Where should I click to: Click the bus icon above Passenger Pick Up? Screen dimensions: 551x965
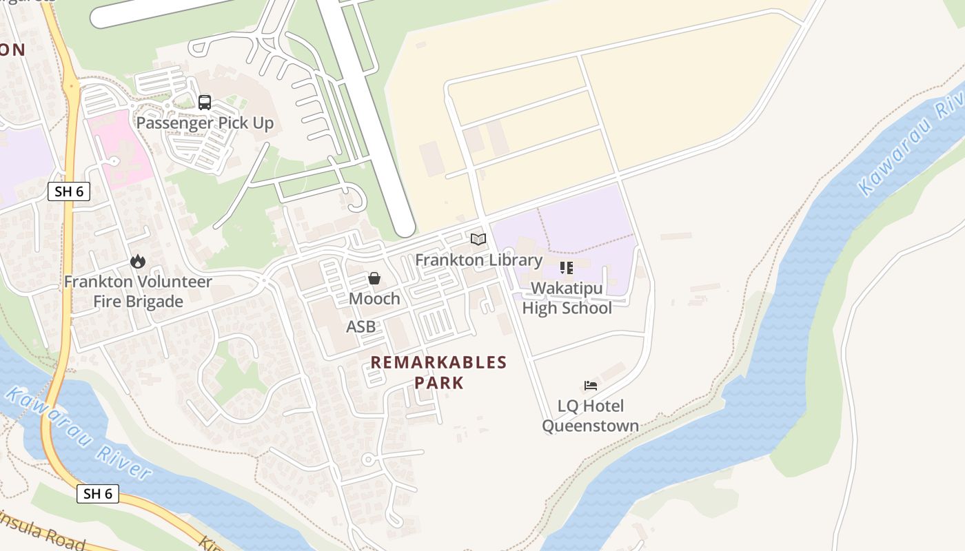click(205, 103)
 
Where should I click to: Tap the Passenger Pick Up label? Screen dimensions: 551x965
click(205, 123)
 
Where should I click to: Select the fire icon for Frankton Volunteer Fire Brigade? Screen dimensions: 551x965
click(138, 261)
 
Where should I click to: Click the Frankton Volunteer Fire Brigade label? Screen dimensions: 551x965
click(138, 291)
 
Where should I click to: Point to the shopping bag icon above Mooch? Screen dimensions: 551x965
click(374, 278)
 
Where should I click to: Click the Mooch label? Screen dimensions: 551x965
click(374, 298)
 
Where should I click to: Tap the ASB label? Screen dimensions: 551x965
click(361, 326)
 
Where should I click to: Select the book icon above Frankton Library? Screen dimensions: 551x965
click(478, 240)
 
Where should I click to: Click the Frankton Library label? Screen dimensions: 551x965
click(478, 260)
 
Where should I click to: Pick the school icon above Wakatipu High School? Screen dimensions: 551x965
click(567, 267)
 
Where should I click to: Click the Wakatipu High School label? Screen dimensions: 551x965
click(567, 298)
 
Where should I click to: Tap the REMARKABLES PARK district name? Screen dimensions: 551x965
click(439, 372)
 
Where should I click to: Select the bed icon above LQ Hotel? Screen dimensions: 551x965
click(591, 385)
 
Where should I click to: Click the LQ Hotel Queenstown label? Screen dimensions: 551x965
click(590, 416)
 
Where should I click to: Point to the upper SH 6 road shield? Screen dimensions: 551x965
click(69, 191)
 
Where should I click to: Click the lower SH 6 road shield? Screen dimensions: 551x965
click(97, 493)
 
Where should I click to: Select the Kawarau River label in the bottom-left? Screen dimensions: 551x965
click(77, 434)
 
